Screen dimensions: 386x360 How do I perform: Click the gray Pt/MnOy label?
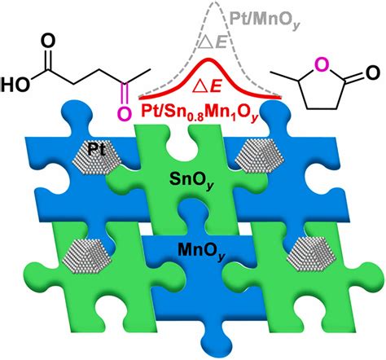[265, 20]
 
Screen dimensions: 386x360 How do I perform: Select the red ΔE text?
[207, 86]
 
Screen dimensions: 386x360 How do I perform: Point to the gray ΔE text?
[213, 43]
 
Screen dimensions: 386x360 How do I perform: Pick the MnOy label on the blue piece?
[201, 250]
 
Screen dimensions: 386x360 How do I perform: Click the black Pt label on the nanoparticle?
[96, 149]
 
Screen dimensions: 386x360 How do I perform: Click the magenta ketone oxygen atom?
[124, 113]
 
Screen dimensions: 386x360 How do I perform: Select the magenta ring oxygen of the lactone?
[322, 65]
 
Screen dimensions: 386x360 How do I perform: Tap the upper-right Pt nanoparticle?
[260, 156]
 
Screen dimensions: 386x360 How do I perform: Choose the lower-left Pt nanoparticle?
[86, 257]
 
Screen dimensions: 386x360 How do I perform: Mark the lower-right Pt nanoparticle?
[312, 253]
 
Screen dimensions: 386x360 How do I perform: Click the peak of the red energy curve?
[208, 59]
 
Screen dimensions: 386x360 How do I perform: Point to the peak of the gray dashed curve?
[214, 2]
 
